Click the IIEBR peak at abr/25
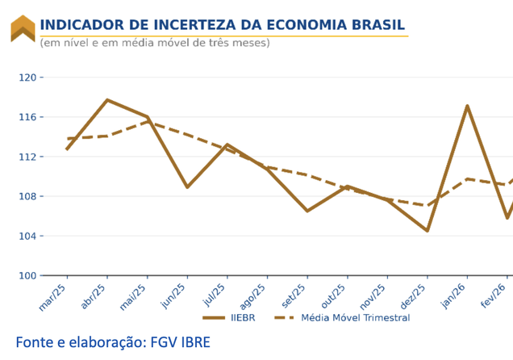pos(107,100)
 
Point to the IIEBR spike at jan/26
pos(468,106)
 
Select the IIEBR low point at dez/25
pos(427,231)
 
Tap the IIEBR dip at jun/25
pos(187,187)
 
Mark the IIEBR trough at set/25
pos(307,211)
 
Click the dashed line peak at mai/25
pos(147,122)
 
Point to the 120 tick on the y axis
pos(28,77)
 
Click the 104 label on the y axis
pos(28,236)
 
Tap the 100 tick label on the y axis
pos(28,275)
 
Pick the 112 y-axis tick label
pos(28,157)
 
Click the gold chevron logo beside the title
pos(23,28)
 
